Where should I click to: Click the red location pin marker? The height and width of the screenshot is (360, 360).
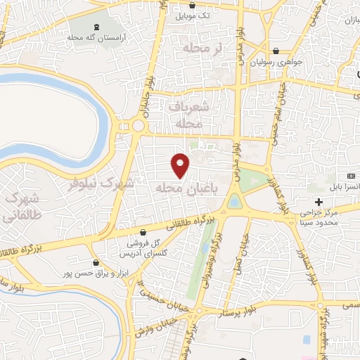(181, 165)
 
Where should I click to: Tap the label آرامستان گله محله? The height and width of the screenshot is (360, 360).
(96, 37)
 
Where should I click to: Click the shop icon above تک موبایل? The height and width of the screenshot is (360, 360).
(193, 5)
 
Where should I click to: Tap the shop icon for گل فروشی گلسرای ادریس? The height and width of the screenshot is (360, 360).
(143, 232)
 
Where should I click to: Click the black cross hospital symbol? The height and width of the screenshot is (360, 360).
(319, 202)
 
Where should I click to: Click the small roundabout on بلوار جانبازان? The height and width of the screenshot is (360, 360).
(138, 127)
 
